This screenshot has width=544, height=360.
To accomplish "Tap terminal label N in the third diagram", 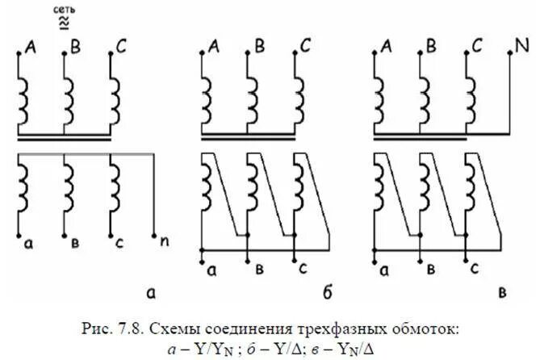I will [522, 48].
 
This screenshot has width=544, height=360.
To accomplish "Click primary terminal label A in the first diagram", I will [31, 48].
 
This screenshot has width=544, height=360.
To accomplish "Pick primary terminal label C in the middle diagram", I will [305, 48].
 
